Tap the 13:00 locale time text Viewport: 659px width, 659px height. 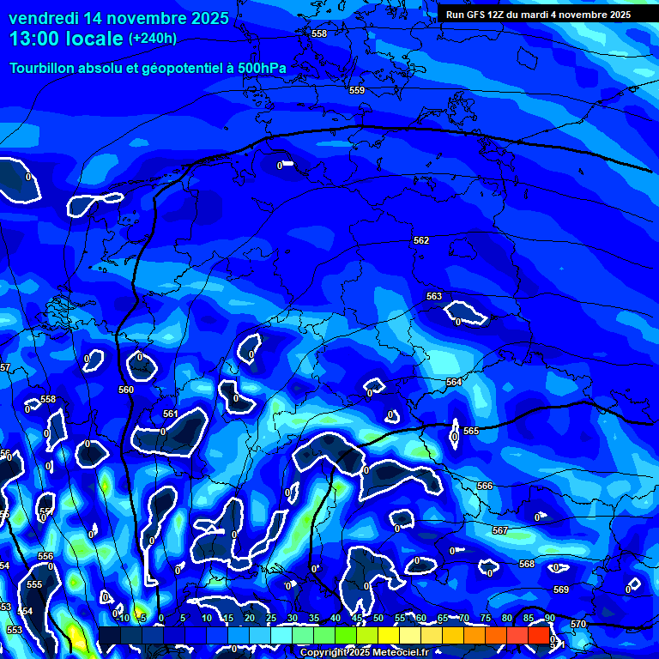(66, 39)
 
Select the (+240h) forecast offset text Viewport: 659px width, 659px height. (153, 39)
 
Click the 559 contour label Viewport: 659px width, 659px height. (357, 90)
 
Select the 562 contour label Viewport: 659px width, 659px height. (421, 241)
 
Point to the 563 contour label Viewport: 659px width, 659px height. (434, 296)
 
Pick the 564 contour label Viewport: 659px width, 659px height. (454, 382)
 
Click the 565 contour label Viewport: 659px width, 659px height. (471, 431)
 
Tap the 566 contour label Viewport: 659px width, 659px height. (485, 486)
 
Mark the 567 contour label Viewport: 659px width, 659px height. (500, 530)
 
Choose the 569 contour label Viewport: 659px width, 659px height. (561, 589)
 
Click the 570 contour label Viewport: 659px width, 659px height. (578, 624)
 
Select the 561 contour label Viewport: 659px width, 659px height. (171, 414)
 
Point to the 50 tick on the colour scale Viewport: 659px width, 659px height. (378, 618)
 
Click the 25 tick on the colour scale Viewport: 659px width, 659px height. (271, 618)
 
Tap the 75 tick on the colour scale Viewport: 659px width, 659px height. (486, 618)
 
